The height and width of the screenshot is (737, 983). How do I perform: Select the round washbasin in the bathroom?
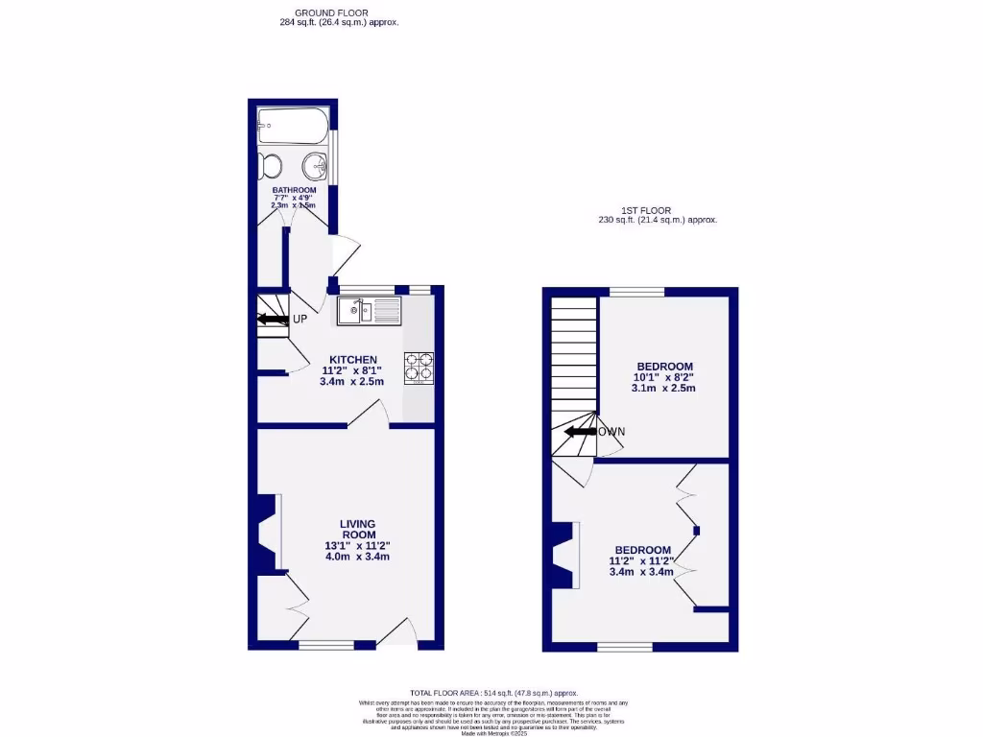click(315, 168)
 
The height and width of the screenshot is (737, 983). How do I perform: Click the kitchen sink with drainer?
click(369, 310)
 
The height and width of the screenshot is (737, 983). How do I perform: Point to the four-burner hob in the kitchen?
click(419, 368)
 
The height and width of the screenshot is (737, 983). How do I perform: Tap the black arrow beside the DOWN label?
click(580, 432)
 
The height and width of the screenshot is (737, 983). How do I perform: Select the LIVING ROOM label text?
click(357, 529)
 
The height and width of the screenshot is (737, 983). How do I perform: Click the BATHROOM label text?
click(294, 190)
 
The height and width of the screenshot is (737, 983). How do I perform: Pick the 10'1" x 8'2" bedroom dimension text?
click(664, 377)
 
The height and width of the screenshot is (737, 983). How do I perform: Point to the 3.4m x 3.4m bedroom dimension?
click(641, 572)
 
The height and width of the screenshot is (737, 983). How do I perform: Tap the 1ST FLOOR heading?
click(645, 210)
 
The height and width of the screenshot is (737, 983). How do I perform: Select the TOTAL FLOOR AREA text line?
click(494, 692)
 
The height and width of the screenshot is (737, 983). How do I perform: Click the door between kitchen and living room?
click(370, 414)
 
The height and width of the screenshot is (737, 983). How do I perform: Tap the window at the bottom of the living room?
click(326, 646)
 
